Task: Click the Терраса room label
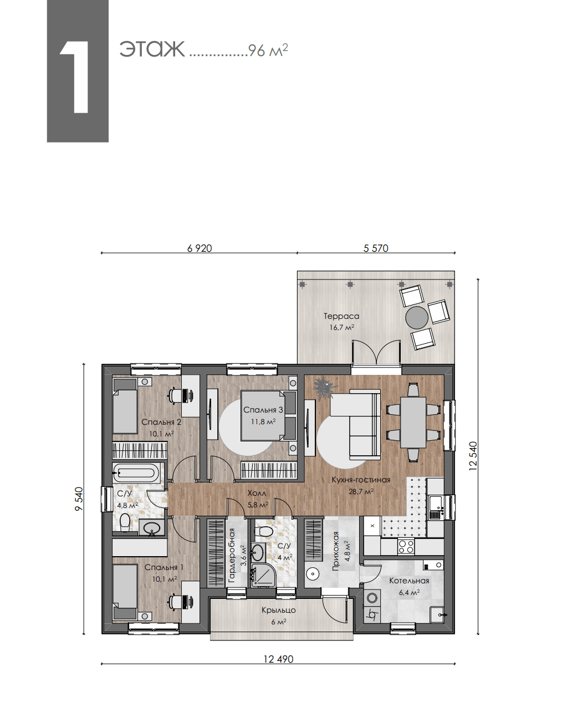click(341, 316)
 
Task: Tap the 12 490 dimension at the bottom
click(278, 659)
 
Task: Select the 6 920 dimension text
click(200, 248)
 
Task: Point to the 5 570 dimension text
click(376, 248)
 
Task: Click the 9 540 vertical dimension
click(79, 499)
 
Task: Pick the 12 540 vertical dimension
click(473, 456)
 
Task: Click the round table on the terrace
click(417, 318)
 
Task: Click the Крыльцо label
click(279, 610)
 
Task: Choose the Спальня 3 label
click(263, 410)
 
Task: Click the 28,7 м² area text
click(361, 492)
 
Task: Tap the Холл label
click(257, 494)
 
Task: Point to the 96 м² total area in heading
click(268, 50)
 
